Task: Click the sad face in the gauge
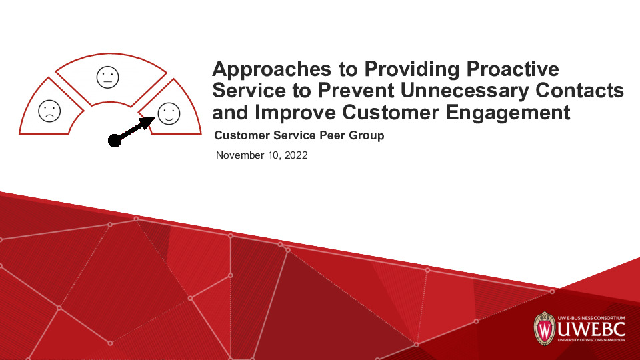pos(49,111)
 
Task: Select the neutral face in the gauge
pos(107,77)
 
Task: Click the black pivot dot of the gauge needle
pos(115,139)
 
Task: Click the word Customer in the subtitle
pos(239,136)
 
